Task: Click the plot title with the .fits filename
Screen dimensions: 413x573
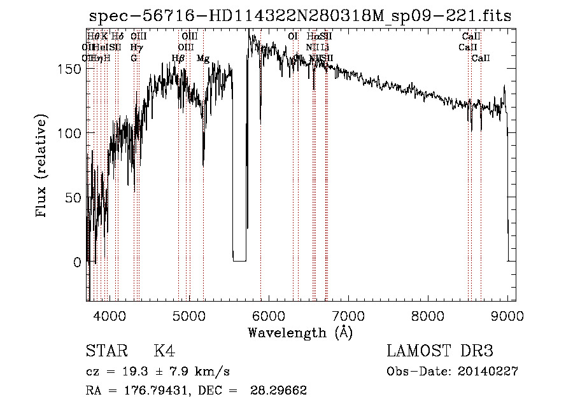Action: coord(300,17)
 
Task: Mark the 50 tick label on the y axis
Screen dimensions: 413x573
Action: coord(74,197)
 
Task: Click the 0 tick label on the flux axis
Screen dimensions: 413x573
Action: coord(78,262)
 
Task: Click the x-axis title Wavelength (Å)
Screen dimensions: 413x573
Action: coord(300,332)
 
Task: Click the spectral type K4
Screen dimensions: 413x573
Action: coord(164,352)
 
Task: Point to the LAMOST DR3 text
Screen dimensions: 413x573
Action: coord(440,352)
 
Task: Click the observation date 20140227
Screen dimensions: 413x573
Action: coord(487,372)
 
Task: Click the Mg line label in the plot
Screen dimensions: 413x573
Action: coord(203,59)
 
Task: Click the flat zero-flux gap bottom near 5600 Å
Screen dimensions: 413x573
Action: coord(239,260)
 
